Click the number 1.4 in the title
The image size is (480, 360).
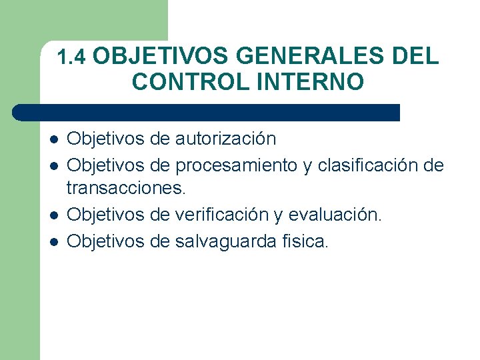click(72, 58)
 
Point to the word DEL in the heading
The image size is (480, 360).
click(415, 56)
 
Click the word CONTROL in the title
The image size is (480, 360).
click(189, 81)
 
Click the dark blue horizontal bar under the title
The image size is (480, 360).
click(207, 112)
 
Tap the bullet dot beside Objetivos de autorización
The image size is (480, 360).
click(54, 139)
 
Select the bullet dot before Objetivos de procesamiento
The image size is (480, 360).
click(54, 165)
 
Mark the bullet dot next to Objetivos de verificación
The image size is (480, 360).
click(54, 215)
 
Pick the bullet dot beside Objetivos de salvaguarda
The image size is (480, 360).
click(54, 241)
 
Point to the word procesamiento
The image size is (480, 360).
click(237, 165)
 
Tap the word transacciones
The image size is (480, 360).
click(125, 189)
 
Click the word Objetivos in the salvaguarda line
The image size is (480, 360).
click(106, 240)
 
